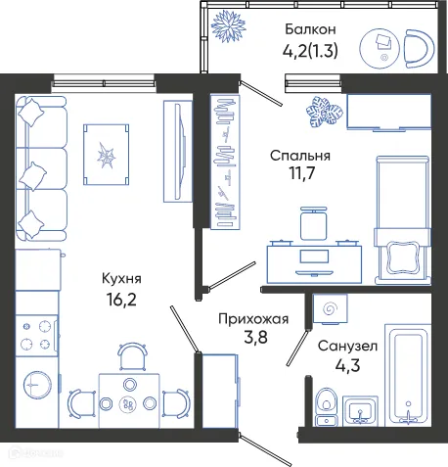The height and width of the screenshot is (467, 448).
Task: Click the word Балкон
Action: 310,29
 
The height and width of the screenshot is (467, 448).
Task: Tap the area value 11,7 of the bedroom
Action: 302,173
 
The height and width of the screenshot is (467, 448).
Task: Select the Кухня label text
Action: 121,279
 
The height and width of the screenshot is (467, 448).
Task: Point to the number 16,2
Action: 121,300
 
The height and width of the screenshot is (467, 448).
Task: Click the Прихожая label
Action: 253,319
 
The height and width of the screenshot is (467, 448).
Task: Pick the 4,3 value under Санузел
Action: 348,365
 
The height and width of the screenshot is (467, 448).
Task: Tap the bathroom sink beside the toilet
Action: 360,411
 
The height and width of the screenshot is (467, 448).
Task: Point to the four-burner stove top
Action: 37,335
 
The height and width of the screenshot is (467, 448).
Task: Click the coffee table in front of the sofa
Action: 106,155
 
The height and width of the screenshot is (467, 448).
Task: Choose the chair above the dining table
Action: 132,356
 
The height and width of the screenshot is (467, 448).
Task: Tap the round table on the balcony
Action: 380,48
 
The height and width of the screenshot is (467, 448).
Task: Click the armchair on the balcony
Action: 419,49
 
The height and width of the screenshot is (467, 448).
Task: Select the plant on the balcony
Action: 228,26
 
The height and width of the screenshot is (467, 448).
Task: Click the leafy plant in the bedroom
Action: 324,112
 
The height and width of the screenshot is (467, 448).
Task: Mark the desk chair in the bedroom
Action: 314,223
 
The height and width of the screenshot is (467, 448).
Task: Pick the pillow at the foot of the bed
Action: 402,257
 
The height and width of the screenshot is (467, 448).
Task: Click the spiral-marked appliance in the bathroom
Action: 330,308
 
